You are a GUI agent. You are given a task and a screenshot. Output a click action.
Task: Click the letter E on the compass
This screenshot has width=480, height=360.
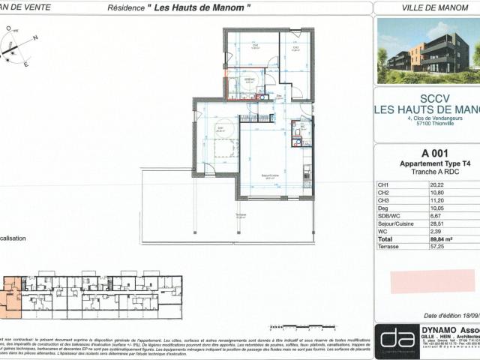click(26, 65)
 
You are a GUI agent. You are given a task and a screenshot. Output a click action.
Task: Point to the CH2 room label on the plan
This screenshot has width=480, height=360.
click(296, 48)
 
